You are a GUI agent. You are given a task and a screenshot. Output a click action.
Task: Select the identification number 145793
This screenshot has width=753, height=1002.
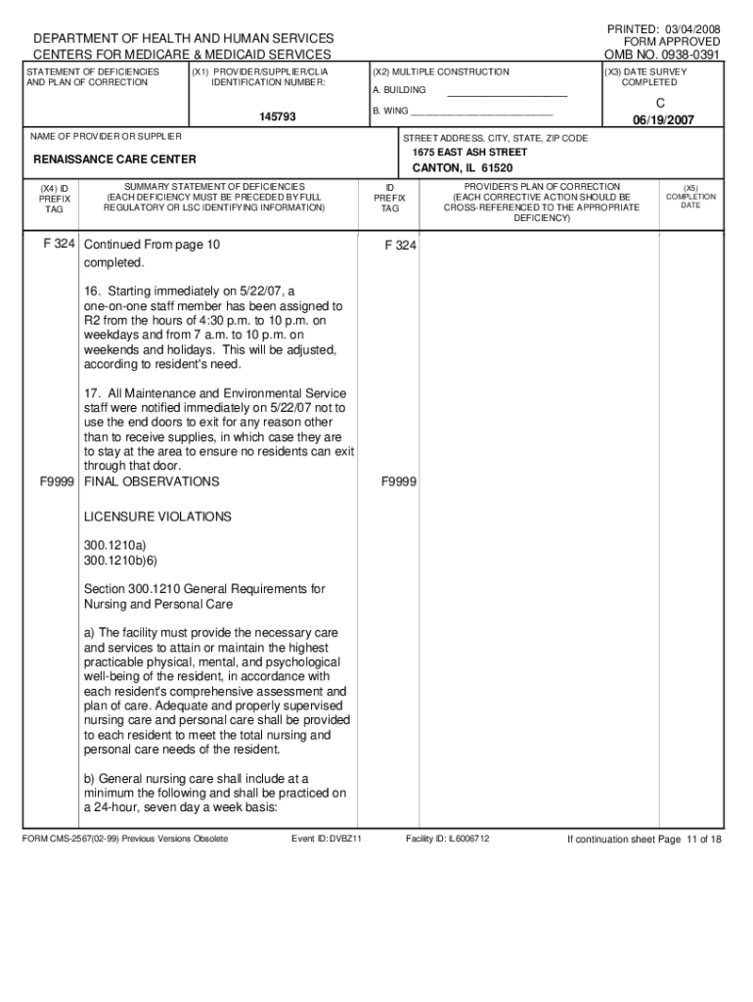pos(278,117)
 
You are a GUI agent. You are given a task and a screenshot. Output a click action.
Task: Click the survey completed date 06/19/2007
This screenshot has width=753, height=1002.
pos(663,119)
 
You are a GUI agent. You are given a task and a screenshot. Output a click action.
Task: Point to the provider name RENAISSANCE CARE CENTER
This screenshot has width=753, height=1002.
pos(114,159)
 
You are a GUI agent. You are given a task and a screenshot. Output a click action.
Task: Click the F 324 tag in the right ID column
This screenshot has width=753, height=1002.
pos(401,246)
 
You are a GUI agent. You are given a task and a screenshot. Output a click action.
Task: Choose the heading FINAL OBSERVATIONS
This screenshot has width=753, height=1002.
pos(152,481)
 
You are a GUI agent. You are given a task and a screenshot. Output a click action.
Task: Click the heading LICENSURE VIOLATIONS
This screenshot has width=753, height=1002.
pos(157,516)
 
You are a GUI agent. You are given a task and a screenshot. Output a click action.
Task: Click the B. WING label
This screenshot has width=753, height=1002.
pos(391,111)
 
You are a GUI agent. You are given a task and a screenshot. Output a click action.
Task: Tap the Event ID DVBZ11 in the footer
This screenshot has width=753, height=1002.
pos(328,839)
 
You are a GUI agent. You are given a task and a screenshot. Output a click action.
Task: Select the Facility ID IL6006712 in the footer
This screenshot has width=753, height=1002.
pos(448,839)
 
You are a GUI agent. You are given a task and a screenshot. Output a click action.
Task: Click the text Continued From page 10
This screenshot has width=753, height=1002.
pos(152,245)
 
